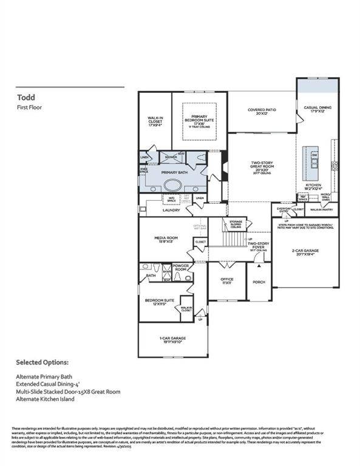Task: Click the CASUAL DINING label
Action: point(318,110)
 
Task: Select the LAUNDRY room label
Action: point(171,210)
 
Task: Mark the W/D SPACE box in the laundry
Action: point(171,198)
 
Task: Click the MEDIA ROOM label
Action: point(166,239)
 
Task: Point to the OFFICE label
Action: point(227,281)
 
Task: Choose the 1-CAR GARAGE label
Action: point(173,339)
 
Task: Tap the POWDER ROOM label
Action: point(180,268)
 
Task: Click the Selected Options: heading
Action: point(42,364)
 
